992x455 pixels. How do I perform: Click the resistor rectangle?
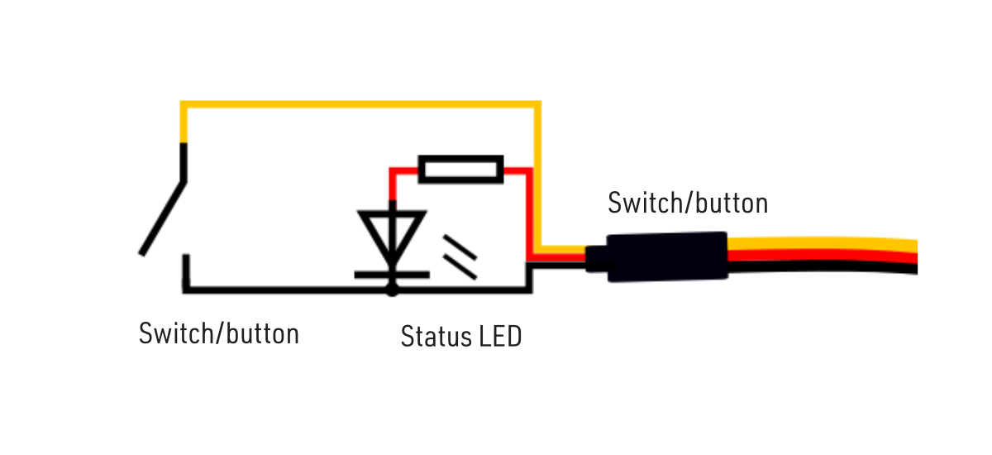[460, 169]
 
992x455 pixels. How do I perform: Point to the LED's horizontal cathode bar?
[392, 273]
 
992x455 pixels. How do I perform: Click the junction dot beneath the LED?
[392, 290]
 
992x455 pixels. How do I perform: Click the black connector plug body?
[666, 256]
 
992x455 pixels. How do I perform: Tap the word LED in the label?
[500, 337]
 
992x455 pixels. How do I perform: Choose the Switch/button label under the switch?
[219, 334]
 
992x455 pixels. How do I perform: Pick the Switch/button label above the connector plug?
[688, 203]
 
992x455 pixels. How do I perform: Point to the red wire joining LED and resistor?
[392, 186]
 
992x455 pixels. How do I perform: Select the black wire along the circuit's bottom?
[289, 290]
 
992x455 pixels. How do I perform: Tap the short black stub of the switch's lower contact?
[186, 271]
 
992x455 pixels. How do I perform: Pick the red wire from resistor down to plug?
[529, 215]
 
